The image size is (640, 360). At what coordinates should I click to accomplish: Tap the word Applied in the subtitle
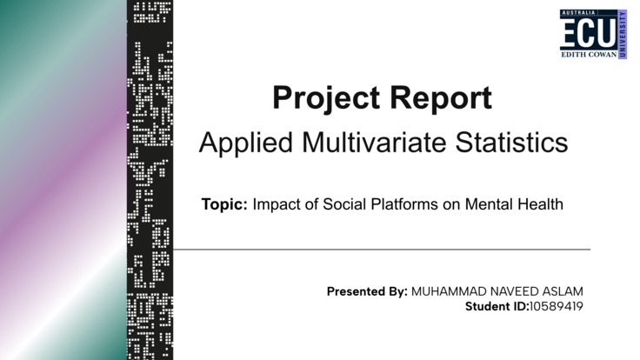(x=246, y=143)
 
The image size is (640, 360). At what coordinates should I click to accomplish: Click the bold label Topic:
(x=225, y=205)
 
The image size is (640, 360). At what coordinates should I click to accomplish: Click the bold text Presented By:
(x=367, y=291)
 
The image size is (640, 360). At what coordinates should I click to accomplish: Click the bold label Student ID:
(x=497, y=307)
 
